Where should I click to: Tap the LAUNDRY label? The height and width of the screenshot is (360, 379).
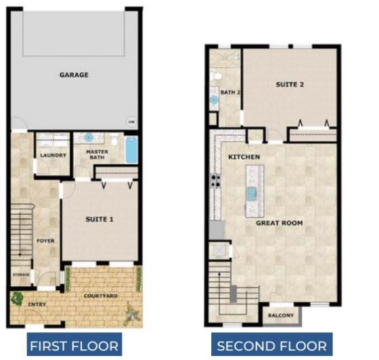click(53, 156)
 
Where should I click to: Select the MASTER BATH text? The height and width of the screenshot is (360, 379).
click(97, 156)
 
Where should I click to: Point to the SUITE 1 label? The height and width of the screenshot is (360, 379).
click(101, 219)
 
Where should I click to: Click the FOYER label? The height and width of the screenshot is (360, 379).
click(45, 241)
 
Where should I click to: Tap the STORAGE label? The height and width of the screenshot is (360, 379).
click(21, 275)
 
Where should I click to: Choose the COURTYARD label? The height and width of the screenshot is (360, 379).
click(101, 296)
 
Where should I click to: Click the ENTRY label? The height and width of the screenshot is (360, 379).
click(37, 305)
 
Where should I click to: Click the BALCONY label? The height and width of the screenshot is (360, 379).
click(281, 315)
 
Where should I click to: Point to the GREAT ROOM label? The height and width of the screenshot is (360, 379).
click(279, 222)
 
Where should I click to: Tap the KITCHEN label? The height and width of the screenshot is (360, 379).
click(244, 156)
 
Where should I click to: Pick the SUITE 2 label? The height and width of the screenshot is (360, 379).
click(290, 85)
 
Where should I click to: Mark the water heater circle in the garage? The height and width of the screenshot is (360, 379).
click(131, 121)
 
